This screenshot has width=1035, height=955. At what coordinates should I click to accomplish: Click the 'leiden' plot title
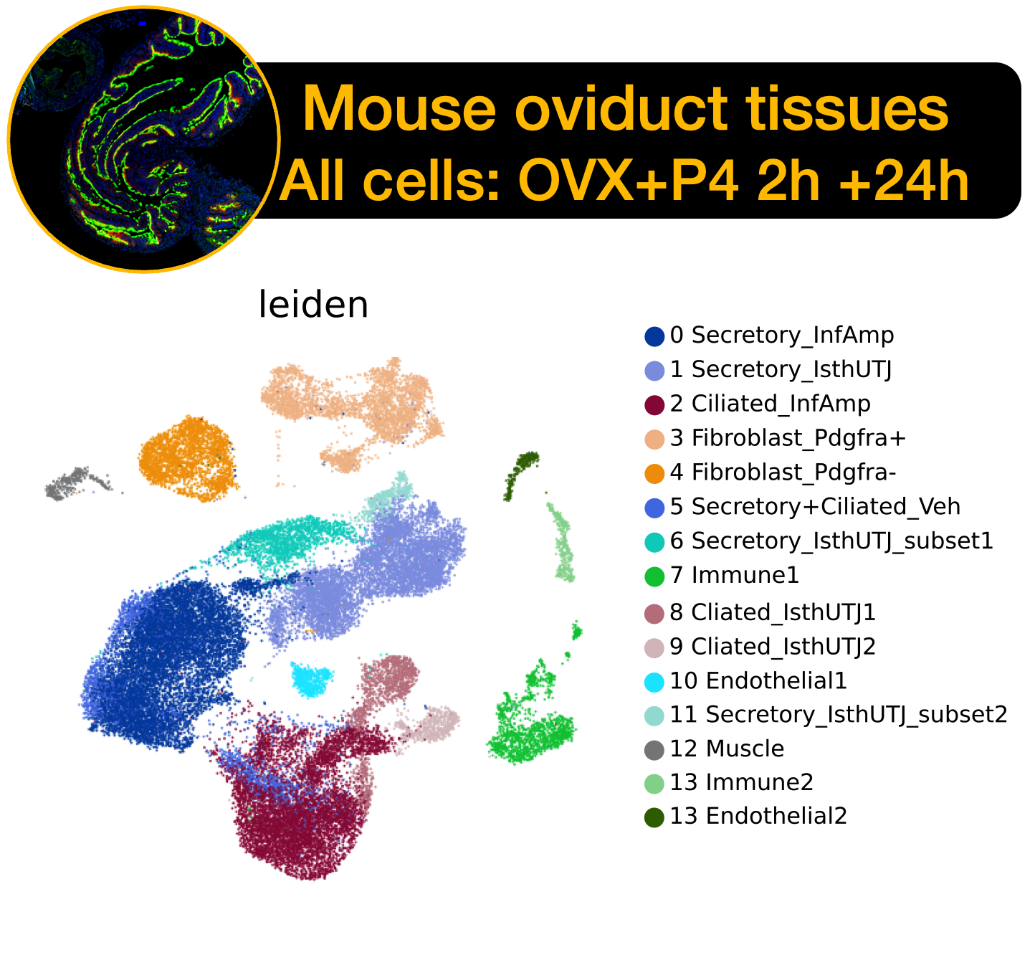tap(313, 304)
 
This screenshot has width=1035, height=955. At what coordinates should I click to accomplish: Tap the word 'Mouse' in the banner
tap(399, 110)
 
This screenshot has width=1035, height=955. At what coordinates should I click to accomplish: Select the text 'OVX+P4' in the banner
tap(629, 181)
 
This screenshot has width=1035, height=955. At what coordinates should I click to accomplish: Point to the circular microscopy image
tap(144, 139)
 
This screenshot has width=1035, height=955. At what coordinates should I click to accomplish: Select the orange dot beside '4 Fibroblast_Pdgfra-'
tap(654, 473)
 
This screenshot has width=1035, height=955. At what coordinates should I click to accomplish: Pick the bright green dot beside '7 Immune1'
tap(654, 576)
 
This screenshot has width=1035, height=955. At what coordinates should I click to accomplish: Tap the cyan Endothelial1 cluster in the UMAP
tap(311, 680)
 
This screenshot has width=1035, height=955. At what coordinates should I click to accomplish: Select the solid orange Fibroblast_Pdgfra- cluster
tap(188, 459)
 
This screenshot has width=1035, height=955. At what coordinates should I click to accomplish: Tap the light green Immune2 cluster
tap(563, 542)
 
